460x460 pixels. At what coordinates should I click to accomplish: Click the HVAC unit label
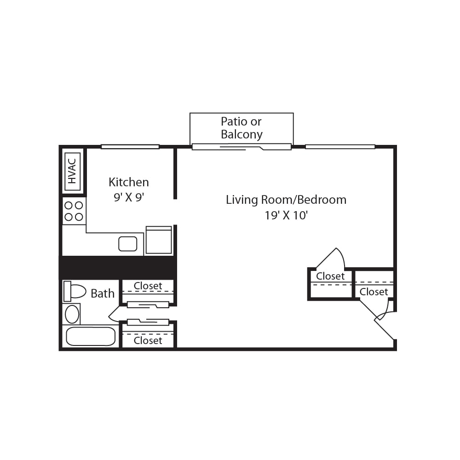tap(72, 171)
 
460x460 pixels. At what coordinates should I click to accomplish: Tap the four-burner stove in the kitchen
tap(74, 211)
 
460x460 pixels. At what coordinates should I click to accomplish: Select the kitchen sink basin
tap(127, 244)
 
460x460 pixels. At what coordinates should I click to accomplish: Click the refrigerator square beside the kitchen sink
tap(159, 240)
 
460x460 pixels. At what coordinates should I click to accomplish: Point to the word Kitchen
tap(128, 182)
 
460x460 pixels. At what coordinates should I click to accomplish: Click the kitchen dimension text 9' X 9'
tap(128, 197)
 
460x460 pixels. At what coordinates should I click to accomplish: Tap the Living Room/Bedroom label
tap(286, 200)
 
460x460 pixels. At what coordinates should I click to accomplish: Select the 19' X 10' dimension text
tap(286, 215)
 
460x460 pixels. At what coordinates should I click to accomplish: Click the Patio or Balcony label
tap(241, 128)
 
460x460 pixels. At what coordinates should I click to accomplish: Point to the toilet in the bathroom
tap(75, 291)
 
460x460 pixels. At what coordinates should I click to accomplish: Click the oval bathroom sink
tap(72, 314)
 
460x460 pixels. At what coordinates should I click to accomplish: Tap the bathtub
tap(91, 337)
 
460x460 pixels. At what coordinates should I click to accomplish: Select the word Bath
tap(103, 293)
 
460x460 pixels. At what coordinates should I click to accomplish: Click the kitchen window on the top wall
tap(130, 147)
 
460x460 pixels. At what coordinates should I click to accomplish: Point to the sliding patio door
tap(241, 147)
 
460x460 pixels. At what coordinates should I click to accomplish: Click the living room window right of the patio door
tap(340, 147)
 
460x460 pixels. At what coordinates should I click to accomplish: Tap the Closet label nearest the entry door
tap(374, 292)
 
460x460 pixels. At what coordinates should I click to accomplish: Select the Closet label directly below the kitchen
tap(148, 286)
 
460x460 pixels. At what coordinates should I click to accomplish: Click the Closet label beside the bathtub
tap(148, 340)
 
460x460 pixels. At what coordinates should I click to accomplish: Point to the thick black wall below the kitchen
tap(118, 268)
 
